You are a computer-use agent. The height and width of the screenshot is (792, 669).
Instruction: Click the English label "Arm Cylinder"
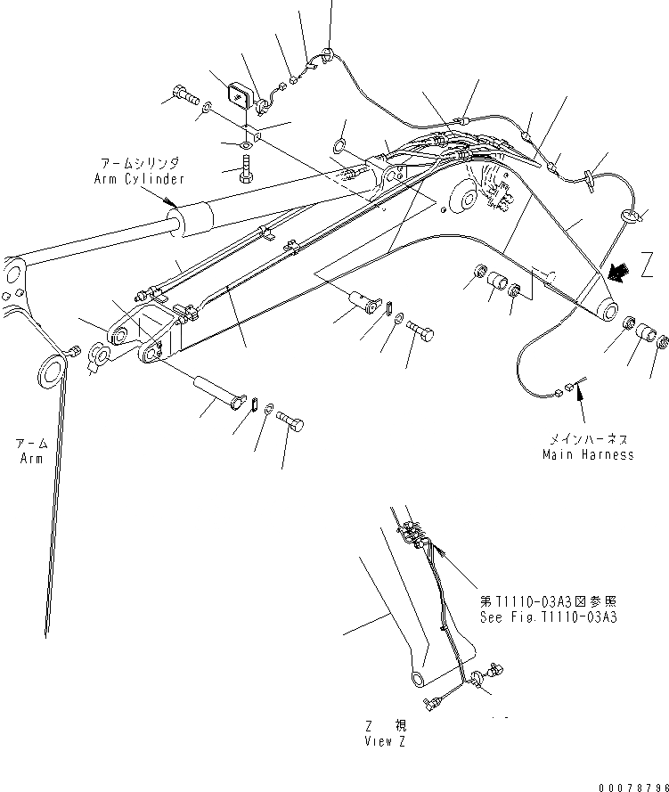click(140, 178)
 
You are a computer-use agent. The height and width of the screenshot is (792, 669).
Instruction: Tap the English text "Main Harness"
click(589, 454)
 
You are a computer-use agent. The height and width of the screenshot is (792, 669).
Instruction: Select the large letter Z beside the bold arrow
click(648, 267)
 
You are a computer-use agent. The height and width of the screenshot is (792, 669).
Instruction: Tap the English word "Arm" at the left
click(31, 458)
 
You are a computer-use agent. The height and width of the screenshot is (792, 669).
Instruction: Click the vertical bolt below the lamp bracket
click(246, 168)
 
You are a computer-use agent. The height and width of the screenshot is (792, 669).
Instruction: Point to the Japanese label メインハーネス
click(589, 439)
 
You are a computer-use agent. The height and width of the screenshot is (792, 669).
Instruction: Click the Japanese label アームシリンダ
click(140, 164)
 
